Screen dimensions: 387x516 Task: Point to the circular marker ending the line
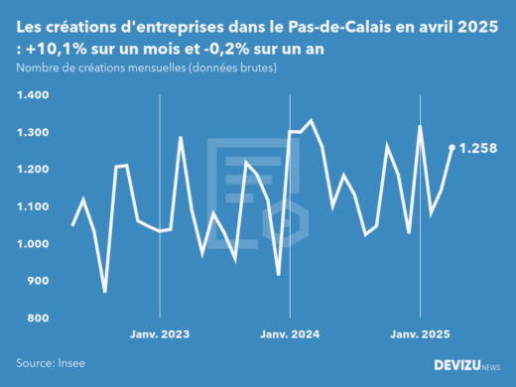[x=452, y=148]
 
